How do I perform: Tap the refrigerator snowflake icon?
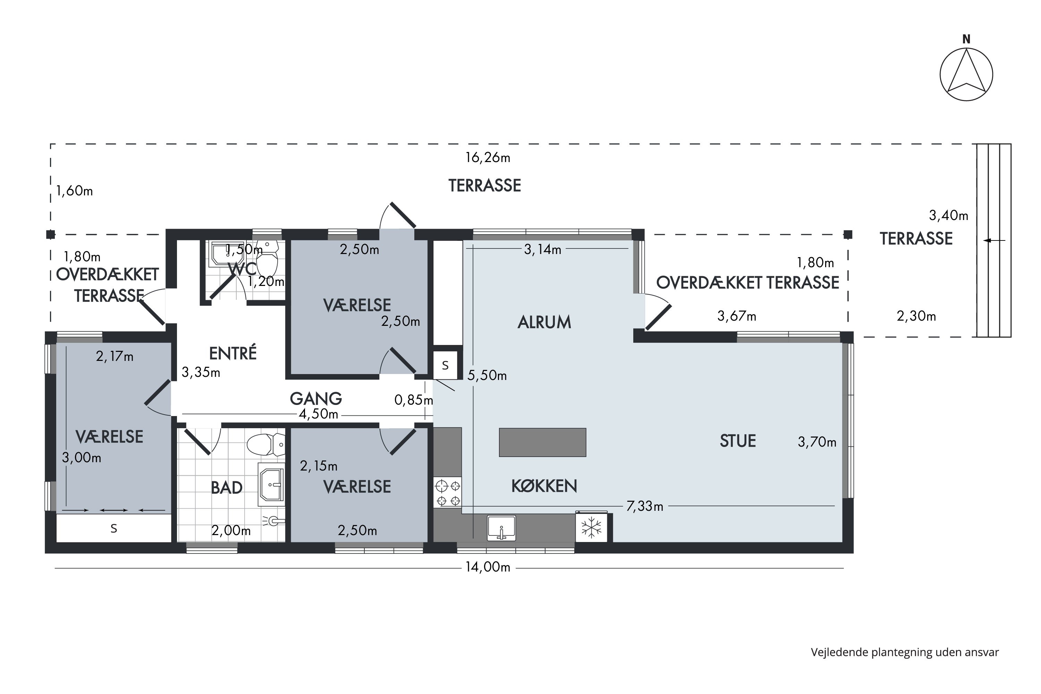point(591,527)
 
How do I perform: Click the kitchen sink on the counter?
point(501,527)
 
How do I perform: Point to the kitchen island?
point(543,442)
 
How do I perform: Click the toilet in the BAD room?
point(265,445)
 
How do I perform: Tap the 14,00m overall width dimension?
point(488,567)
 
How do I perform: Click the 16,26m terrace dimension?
point(488,158)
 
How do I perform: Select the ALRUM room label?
point(544,322)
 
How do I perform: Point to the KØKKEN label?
point(544,486)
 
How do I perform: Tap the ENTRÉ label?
point(233,353)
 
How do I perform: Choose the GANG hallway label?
point(316,399)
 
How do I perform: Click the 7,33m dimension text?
point(645,506)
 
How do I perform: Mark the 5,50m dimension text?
point(487,376)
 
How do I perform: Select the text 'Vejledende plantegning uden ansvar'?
point(905,652)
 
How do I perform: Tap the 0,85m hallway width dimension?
point(413,400)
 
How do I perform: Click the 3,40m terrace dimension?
point(948,215)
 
